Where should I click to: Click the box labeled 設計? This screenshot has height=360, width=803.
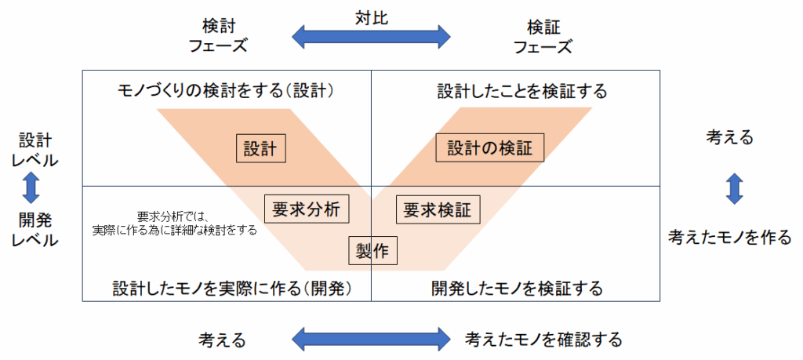click(x=260, y=148)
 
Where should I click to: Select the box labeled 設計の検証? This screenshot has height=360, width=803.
click(x=489, y=148)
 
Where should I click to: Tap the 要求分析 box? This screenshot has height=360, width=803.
click(x=306, y=209)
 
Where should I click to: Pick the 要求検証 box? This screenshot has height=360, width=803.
click(x=438, y=209)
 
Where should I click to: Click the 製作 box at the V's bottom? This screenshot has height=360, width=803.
click(x=372, y=251)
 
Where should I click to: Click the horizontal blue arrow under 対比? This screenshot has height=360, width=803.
click(x=371, y=36)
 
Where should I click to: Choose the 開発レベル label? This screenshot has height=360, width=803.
click(x=35, y=229)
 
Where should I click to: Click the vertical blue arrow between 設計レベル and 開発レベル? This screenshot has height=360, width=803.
click(x=31, y=189)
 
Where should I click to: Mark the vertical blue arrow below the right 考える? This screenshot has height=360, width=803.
click(x=734, y=189)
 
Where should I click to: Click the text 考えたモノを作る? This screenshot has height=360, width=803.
click(x=729, y=238)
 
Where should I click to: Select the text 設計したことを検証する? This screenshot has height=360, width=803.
click(x=521, y=91)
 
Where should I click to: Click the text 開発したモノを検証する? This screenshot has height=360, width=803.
click(x=517, y=288)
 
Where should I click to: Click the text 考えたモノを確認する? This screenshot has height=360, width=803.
click(x=543, y=340)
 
